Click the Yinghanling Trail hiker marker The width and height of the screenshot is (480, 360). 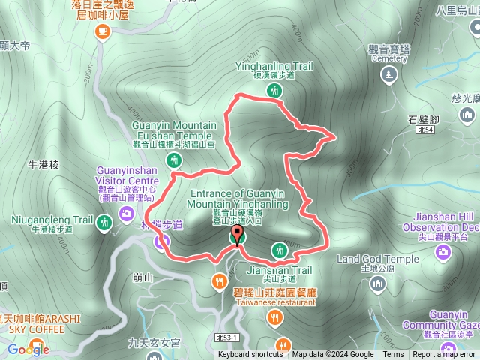tap(274, 91)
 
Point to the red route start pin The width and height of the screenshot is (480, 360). tap(238, 235)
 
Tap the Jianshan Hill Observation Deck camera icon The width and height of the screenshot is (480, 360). tap(443, 251)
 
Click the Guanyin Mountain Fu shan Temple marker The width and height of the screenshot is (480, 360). tap(174, 160)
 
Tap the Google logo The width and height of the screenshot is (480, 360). tap(28, 349)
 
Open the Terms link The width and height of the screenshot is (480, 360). tap(393, 355)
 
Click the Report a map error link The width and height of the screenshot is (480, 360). tap(445, 355)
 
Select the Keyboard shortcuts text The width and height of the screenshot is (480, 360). tap(250, 355)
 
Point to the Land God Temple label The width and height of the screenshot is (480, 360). tap(377, 259)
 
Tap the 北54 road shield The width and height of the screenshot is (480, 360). tap(424, 130)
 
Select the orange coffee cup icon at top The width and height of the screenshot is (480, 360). tap(102, 31)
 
